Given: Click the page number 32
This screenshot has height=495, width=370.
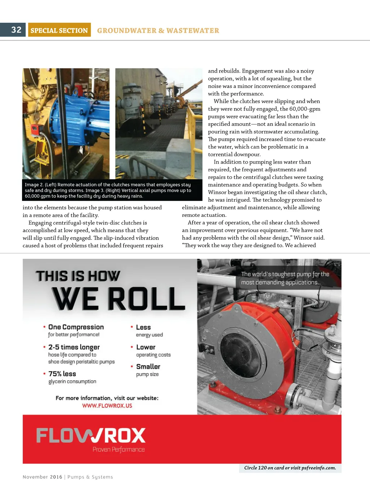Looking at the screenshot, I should pyautogui.click(x=16, y=30).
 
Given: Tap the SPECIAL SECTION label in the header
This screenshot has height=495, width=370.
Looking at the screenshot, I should pyautogui.click(x=59, y=30).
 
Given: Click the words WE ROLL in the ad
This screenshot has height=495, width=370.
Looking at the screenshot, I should pyautogui.click(x=119, y=298).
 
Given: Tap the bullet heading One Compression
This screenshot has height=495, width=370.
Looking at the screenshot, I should pyautogui.click(x=76, y=327).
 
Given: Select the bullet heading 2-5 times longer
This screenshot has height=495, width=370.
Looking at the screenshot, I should pyautogui.click(x=74, y=347).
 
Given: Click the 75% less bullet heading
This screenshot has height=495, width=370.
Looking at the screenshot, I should pyautogui.click(x=62, y=374).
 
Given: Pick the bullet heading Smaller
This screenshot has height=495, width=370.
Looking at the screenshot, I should pyautogui.click(x=148, y=366).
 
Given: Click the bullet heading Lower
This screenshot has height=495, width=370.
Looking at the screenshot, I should pyautogui.click(x=146, y=347).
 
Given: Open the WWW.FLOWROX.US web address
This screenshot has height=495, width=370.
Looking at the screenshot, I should pyautogui.click(x=107, y=406).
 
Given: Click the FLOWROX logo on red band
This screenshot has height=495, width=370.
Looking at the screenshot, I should pyautogui.click(x=91, y=435).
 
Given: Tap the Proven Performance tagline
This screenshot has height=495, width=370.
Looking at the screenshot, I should pyautogui.click(x=119, y=449).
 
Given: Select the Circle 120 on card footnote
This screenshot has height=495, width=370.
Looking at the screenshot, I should pyautogui.click(x=290, y=468).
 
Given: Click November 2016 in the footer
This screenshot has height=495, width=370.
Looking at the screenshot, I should pyautogui.click(x=42, y=477).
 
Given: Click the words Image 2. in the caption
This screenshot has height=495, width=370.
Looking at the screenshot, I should pyautogui.click(x=34, y=185).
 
